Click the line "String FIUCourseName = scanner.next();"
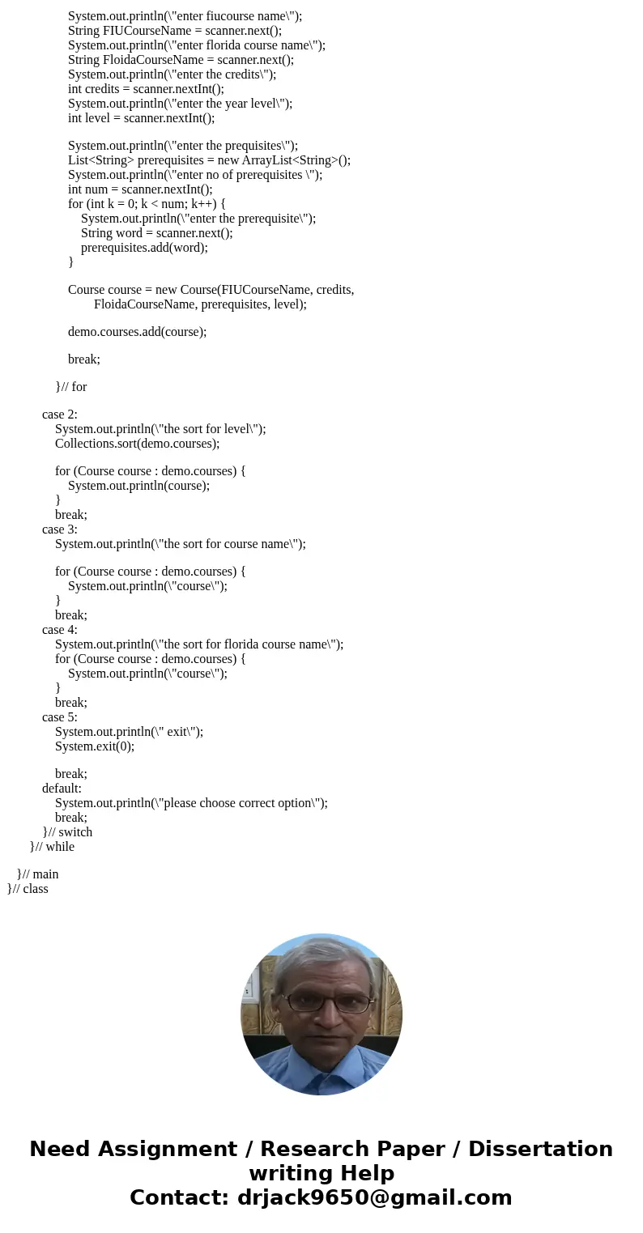175,31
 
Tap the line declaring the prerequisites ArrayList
209,160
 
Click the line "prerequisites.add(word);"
144,248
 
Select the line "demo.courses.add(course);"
137,331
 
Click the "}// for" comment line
71,387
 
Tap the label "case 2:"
60,415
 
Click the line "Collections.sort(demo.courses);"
137,444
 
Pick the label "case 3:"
60,529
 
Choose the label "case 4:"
60,630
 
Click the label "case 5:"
60,717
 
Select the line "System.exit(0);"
95,746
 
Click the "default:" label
62,789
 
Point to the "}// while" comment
52,847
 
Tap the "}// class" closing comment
28,889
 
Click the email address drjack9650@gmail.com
375,1198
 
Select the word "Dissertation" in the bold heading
540,1150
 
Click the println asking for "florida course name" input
197,45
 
